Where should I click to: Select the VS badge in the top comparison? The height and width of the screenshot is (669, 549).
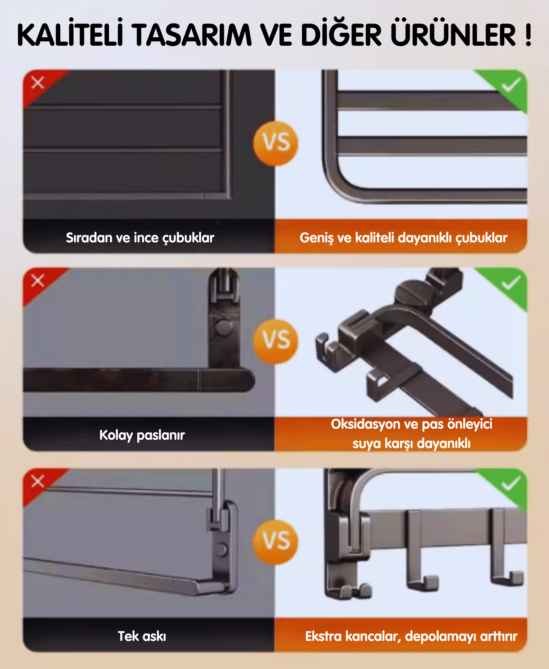[x=276, y=143]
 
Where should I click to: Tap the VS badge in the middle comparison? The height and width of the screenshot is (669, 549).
[x=276, y=341]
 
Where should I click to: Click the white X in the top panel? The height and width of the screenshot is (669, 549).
[x=38, y=83]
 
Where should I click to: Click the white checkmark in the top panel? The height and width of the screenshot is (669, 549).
[x=511, y=85]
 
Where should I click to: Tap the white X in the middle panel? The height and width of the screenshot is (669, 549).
[x=38, y=280]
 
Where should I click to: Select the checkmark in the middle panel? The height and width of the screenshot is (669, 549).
[x=511, y=283]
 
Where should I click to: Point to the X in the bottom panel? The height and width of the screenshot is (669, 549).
[x=38, y=481]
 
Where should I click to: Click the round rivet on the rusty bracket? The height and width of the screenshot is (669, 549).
[x=224, y=327]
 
